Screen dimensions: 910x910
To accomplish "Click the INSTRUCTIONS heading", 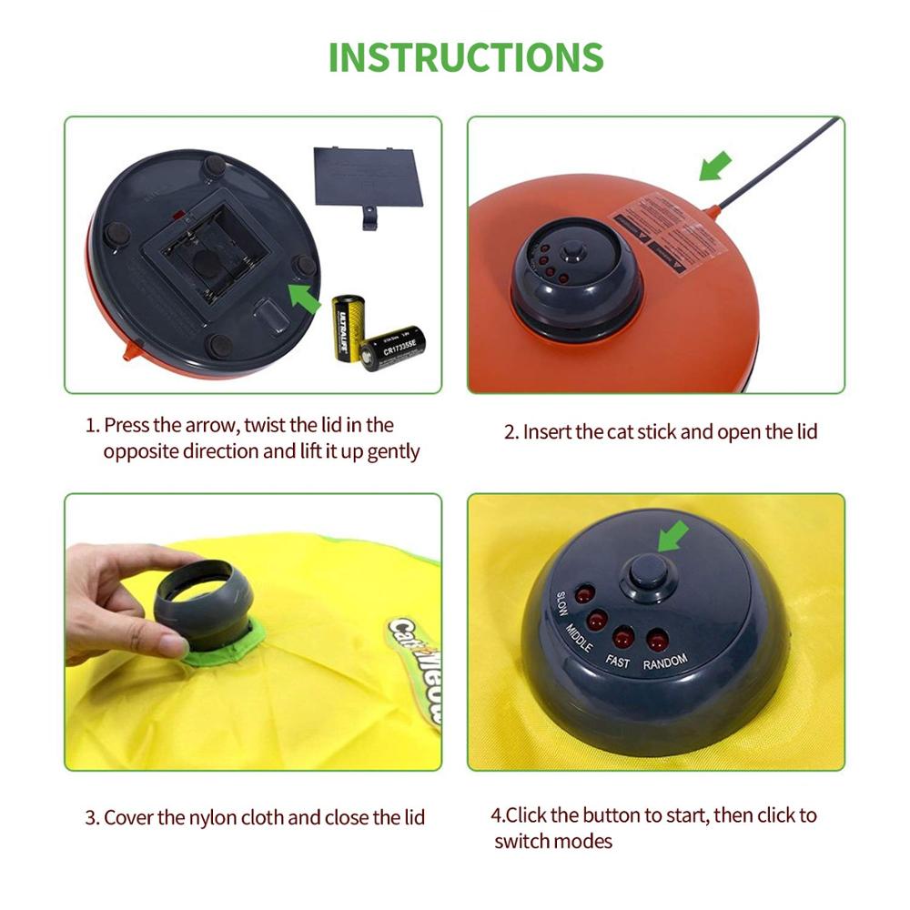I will (465, 56).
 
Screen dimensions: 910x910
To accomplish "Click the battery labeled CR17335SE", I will (393, 348).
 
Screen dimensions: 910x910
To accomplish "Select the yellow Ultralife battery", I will (347, 327).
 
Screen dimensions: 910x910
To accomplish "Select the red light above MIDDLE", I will (598, 622).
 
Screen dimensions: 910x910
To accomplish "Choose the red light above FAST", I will (624, 636).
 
